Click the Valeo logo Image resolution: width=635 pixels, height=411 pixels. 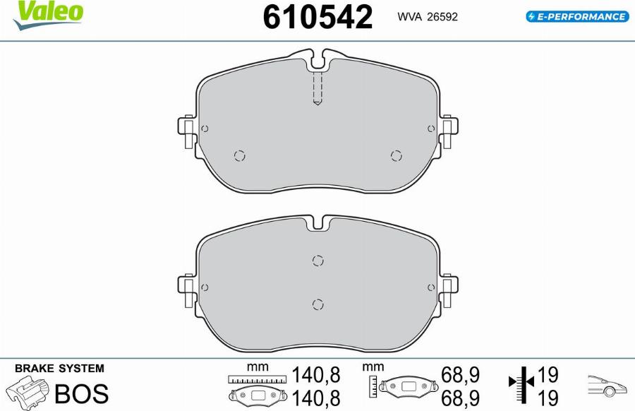(48, 16)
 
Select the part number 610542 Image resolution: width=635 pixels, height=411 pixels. (317, 17)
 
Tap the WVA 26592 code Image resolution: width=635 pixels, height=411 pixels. (428, 17)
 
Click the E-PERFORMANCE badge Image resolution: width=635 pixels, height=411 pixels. (577, 17)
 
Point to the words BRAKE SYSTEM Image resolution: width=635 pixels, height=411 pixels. (59, 369)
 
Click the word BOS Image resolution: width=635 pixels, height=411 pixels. (81, 393)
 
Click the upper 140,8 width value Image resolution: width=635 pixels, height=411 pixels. (316, 375)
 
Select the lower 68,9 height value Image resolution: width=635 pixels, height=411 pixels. (460, 398)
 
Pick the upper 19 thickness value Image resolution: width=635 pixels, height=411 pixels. (548, 375)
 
